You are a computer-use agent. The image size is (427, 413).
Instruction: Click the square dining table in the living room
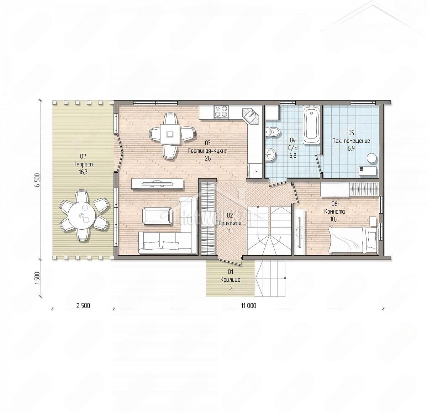[x=170, y=134]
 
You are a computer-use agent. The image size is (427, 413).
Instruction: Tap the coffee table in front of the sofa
[x=157, y=216]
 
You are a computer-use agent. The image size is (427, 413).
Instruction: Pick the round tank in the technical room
[x=372, y=158]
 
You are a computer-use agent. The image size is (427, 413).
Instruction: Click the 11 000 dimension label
[x=248, y=305]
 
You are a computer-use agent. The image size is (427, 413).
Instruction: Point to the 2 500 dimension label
[x=83, y=305]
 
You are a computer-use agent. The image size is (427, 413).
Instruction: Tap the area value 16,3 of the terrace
[x=83, y=172]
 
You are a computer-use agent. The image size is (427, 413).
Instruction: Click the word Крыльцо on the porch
[x=230, y=280]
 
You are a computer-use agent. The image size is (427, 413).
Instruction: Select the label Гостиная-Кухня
[x=207, y=151]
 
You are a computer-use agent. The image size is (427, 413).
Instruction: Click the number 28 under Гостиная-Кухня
[x=207, y=158]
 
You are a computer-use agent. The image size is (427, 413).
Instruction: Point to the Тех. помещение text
[x=351, y=141]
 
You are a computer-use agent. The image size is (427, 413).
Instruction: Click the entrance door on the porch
[x=230, y=261]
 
